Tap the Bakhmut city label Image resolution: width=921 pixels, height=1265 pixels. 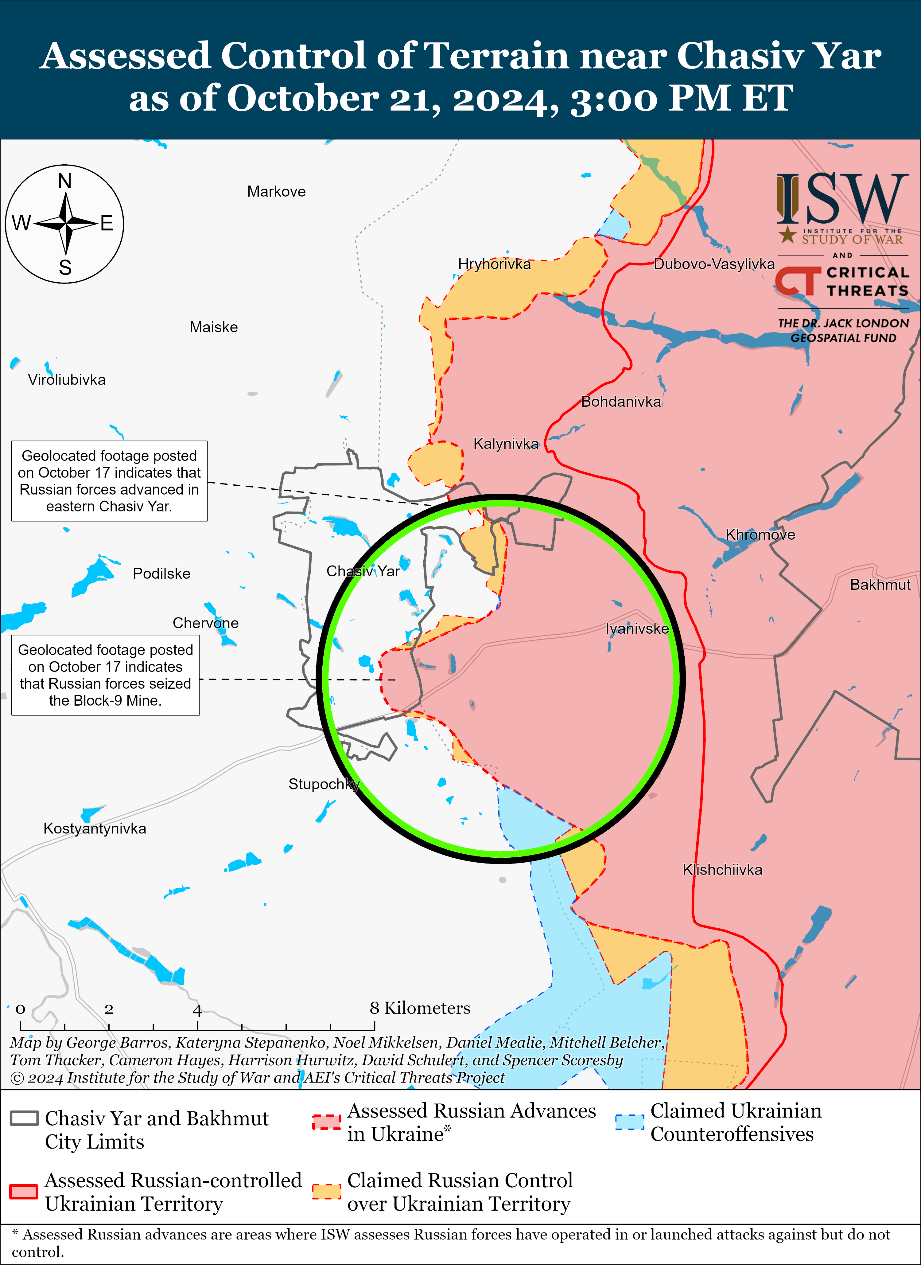pos(880,585)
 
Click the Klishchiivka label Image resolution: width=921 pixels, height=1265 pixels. pos(722,870)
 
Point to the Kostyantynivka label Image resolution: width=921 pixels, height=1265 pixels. pos(95,828)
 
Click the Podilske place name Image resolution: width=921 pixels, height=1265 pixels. pos(161,574)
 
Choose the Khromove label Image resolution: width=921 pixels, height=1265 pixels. pos(760,534)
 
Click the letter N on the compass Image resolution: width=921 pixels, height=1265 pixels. pos(65,181)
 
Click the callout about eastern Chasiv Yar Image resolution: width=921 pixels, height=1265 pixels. pos(109,481)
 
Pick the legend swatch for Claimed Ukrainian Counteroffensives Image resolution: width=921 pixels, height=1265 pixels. pos(629,1122)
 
